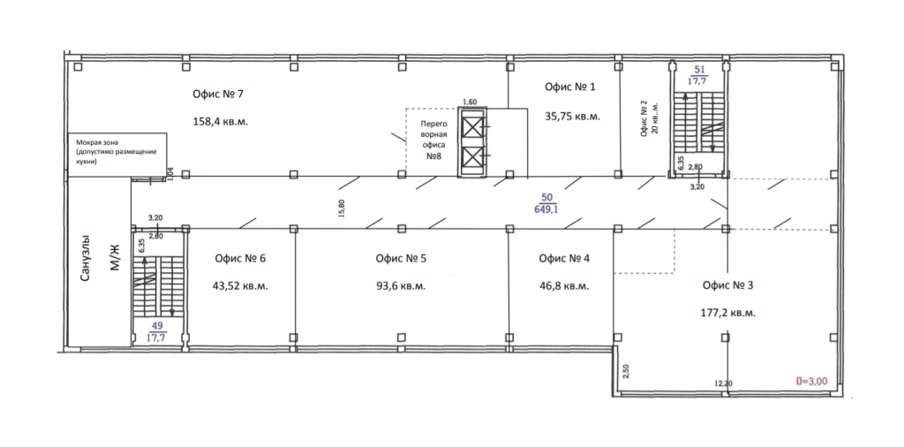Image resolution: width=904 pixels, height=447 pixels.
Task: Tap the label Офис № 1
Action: click(569, 87)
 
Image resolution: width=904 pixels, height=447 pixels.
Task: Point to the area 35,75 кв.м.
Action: click(572, 116)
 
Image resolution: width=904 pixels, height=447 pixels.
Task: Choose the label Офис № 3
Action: click(728, 285)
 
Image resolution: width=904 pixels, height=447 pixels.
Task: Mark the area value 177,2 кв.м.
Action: click(727, 314)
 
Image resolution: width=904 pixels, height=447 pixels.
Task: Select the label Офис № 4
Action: click(564, 259)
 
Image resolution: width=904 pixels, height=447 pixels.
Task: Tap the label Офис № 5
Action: click(401, 259)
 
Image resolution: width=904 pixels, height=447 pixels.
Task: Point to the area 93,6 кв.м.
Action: click(401, 286)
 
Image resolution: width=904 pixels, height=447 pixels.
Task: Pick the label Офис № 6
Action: click(240, 259)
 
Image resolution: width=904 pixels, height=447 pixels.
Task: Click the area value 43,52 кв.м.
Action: click(242, 286)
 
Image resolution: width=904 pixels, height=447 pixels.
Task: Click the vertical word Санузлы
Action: click(86, 258)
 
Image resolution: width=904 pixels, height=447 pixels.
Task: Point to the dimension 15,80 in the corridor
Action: click(343, 208)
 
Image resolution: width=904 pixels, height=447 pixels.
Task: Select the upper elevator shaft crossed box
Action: click(471, 128)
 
